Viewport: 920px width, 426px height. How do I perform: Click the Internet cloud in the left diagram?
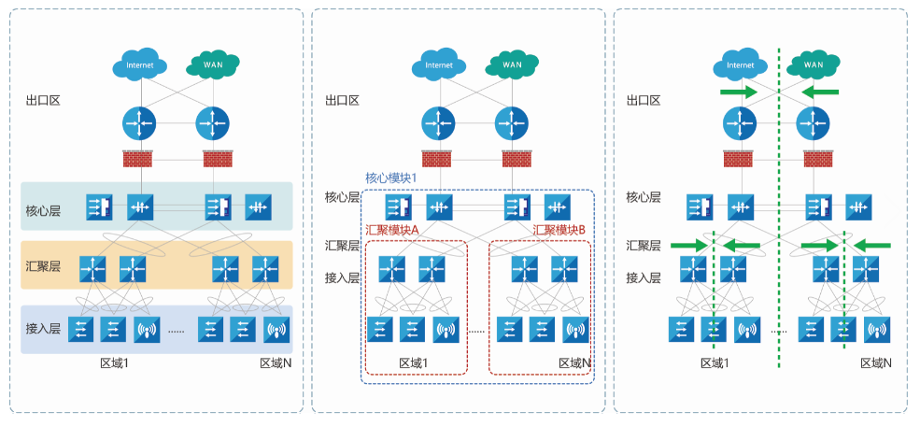pyautogui.click(x=139, y=65)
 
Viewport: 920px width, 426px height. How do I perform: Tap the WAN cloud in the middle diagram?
pyautogui.click(x=512, y=64)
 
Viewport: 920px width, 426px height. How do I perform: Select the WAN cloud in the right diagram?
pyautogui.click(x=814, y=64)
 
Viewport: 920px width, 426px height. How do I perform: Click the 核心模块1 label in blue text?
pyautogui.click(x=389, y=177)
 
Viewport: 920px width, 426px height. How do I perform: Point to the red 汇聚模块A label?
pyautogui.click(x=394, y=230)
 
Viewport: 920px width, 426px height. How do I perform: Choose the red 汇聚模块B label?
pyautogui.click(x=559, y=230)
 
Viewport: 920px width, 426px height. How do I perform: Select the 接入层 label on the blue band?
pyautogui.click(x=43, y=329)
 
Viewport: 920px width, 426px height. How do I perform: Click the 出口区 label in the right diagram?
pyautogui.click(x=644, y=100)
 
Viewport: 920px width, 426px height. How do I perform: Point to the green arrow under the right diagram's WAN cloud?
pyautogui.click(x=820, y=92)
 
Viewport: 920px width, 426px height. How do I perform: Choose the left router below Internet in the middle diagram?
pyautogui.click(x=437, y=122)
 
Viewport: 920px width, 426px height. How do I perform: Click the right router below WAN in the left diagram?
pyautogui.click(x=212, y=122)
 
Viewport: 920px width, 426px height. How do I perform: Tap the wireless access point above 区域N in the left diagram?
pyautogui.click(x=276, y=330)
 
